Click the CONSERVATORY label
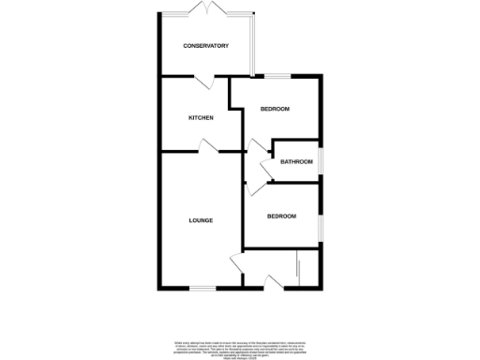(205, 46)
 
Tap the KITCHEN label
(202, 117)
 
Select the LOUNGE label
(201, 220)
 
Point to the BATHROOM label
(296, 161)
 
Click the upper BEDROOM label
(275, 110)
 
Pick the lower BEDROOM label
(281, 217)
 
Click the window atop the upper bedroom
(276, 75)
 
